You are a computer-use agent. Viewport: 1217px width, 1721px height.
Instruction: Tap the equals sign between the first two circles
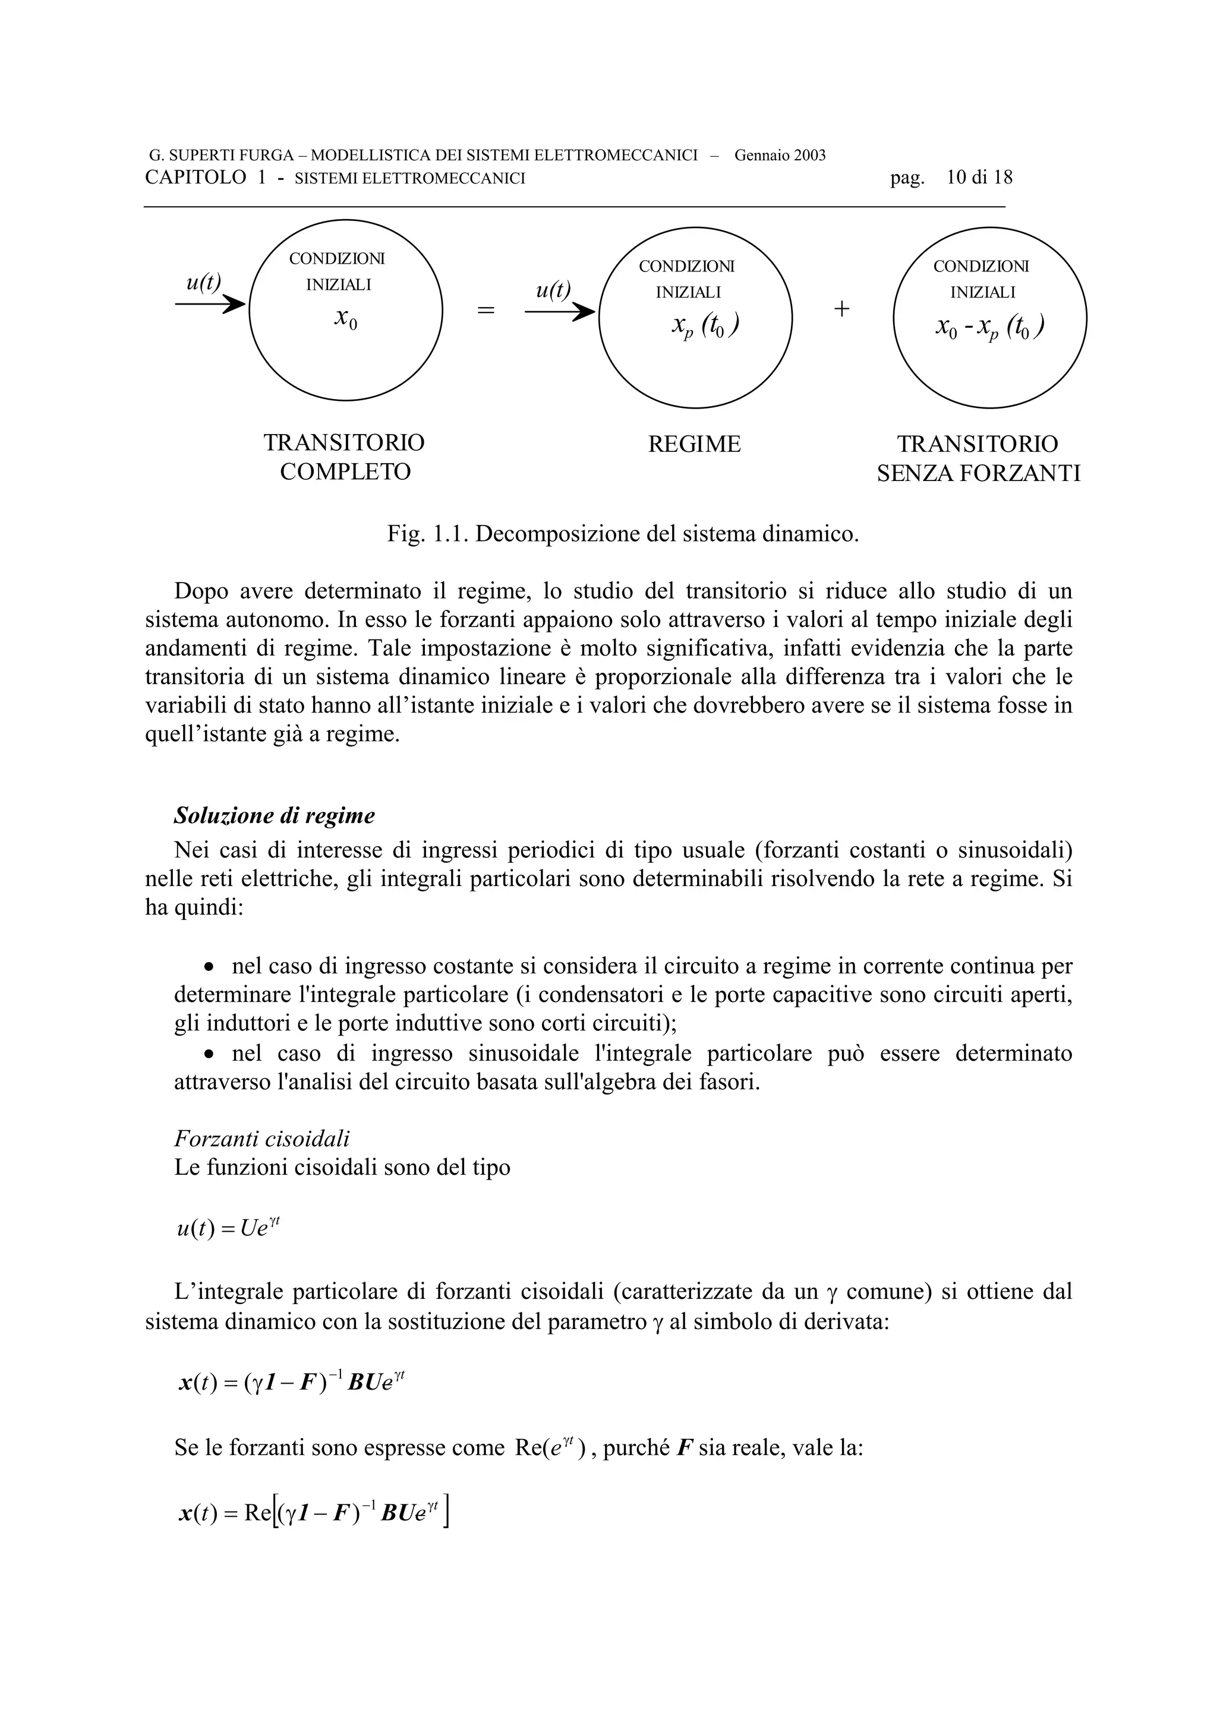pos(486,309)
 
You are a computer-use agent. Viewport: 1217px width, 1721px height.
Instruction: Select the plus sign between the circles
pos(841,309)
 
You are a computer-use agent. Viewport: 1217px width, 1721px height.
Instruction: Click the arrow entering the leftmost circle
pos(210,303)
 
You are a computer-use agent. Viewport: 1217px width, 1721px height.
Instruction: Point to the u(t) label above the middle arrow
pos(553,289)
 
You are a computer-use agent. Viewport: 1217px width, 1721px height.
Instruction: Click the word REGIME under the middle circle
pos(694,444)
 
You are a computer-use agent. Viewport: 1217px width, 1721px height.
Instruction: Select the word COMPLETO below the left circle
pos(346,472)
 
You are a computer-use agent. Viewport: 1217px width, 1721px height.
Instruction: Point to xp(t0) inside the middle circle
pos(705,327)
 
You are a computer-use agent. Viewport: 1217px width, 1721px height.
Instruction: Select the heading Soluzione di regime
pos(275,815)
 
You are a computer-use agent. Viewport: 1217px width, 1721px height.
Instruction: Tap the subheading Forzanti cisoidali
pos(261,1140)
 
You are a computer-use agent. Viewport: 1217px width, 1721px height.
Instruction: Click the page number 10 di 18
pos(979,178)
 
